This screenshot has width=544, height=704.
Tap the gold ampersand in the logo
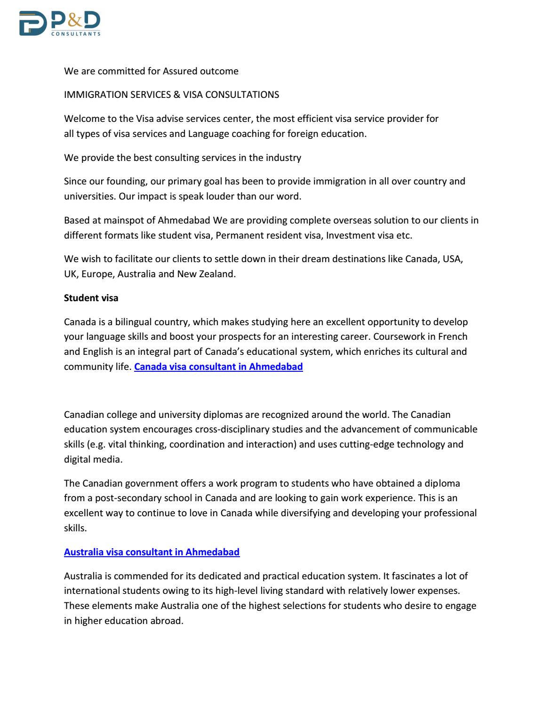pyautogui.click(x=75, y=21)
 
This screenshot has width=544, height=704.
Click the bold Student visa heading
pyautogui.click(x=91, y=298)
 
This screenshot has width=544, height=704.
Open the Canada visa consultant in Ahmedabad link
pyautogui.click(x=218, y=367)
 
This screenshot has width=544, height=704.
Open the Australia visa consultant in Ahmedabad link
pyautogui.click(x=152, y=552)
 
